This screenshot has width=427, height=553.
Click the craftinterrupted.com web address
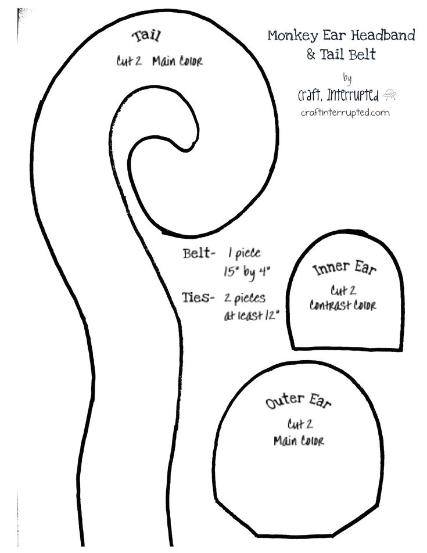(x=345, y=113)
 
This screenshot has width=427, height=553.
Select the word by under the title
(x=347, y=77)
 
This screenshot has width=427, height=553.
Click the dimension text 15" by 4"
(x=248, y=272)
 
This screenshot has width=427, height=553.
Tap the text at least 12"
(x=252, y=316)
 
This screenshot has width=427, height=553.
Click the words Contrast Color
(x=343, y=305)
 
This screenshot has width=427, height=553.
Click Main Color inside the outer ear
(x=299, y=441)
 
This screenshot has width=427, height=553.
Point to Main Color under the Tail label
(x=177, y=62)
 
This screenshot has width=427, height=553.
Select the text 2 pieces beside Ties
(x=245, y=298)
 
